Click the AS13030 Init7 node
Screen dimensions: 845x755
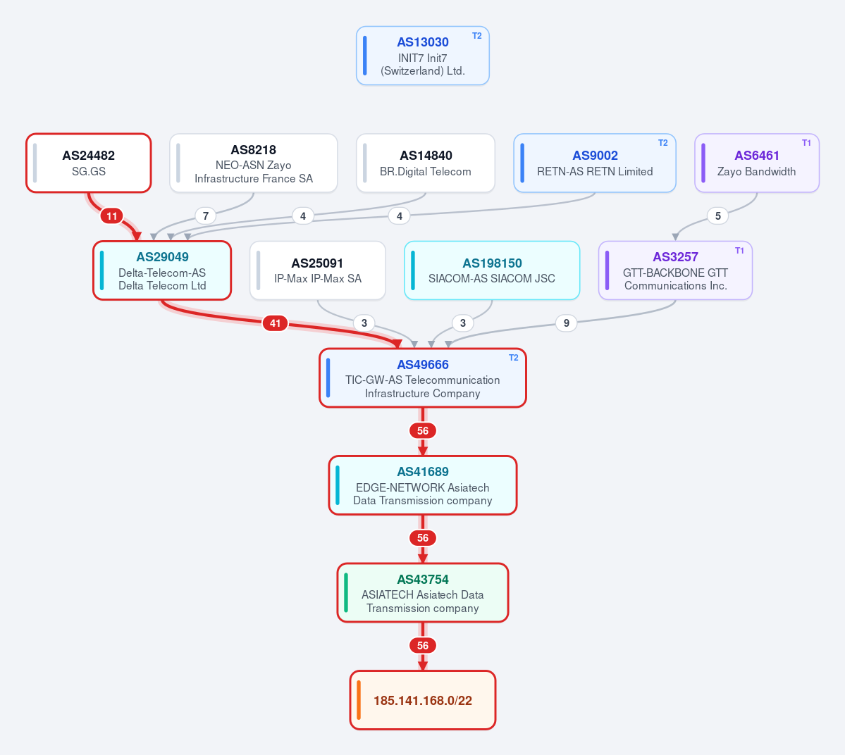pos(423,56)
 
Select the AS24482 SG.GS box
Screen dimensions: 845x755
pos(88,163)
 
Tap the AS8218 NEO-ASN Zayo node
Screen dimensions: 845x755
pos(253,163)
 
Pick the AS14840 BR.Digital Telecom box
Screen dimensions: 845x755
pos(425,163)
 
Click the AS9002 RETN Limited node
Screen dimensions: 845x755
pos(594,163)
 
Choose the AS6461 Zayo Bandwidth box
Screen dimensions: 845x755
pos(757,163)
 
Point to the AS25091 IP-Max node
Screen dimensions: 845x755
pos(317,270)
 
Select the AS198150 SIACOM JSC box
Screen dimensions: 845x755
pos(492,270)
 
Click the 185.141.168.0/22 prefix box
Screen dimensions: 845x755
pos(423,700)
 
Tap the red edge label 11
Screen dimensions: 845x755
pos(111,216)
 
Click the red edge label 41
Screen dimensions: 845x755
pos(275,323)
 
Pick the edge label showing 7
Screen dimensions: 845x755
pos(205,216)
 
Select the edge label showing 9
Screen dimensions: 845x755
pos(566,323)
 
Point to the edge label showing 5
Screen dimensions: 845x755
pos(717,216)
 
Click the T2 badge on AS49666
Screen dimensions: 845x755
pos(514,358)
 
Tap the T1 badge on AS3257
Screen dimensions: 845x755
pos(739,251)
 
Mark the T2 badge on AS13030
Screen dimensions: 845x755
pos(477,35)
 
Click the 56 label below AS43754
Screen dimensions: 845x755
pos(423,645)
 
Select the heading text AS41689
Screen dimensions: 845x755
pos(423,472)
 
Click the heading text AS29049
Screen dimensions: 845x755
pos(162,257)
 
